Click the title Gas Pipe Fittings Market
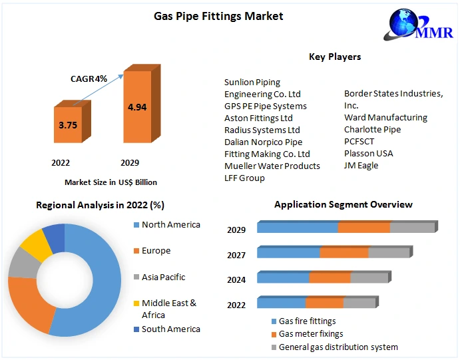(218, 16)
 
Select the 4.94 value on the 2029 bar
(137, 106)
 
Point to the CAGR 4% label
(89, 79)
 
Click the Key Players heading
(335, 57)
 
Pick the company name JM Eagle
(361, 166)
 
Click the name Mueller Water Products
(272, 166)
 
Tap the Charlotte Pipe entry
(372, 130)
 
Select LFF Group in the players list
(244, 178)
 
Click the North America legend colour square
(136, 225)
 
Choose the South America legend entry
(170, 329)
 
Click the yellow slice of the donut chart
(37, 246)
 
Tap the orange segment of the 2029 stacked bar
(363, 228)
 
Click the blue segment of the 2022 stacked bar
(281, 303)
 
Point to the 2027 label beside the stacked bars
(236, 255)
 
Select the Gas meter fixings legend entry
(310, 334)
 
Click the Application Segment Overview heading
(343, 204)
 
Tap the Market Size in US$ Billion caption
(111, 182)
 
